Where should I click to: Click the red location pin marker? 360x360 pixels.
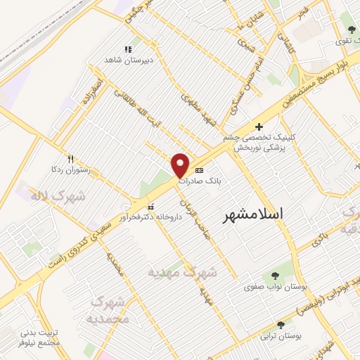point(181,165)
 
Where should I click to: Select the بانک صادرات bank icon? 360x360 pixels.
point(199,170)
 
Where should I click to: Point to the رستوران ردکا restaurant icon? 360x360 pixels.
point(70,159)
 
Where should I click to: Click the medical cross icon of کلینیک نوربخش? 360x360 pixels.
point(259,127)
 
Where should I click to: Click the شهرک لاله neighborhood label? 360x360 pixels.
point(58,195)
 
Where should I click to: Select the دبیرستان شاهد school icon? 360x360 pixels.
point(128,49)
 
